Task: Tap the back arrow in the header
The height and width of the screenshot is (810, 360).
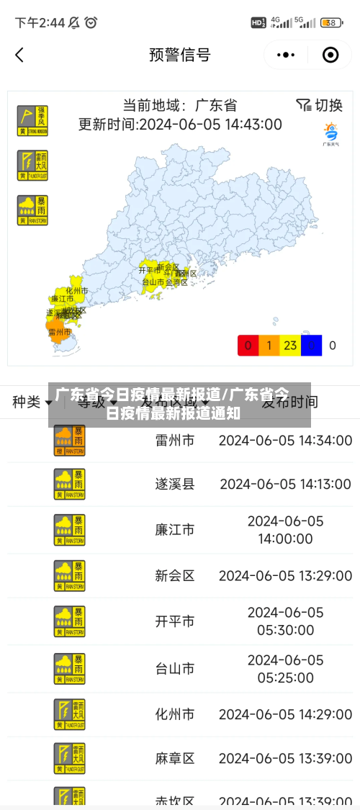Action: pyautogui.click(x=19, y=55)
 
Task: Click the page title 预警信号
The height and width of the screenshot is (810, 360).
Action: pyautogui.click(x=179, y=55)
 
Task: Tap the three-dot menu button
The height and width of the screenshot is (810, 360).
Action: pyautogui.click(x=286, y=55)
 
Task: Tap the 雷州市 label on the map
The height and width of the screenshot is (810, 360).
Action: pyautogui.click(x=59, y=332)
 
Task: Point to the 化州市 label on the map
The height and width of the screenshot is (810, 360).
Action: pyautogui.click(x=76, y=291)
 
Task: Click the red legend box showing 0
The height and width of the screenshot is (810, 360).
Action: pyautogui.click(x=248, y=346)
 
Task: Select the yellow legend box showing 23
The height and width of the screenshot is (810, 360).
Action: pyautogui.click(x=290, y=346)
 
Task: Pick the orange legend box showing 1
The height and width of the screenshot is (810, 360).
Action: pyautogui.click(x=269, y=346)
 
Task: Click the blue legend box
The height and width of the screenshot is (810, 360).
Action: pyautogui.click(x=311, y=346)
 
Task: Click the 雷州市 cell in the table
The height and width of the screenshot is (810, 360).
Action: pyautogui.click(x=174, y=440)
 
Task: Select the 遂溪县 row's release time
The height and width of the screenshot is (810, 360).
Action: pyautogui.click(x=285, y=485)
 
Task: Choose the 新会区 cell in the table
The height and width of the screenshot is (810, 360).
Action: pyautogui.click(x=174, y=576)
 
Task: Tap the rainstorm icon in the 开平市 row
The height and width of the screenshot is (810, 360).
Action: pyautogui.click(x=69, y=621)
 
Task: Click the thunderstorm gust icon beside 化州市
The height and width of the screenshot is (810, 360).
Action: pyautogui.click(x=69, y=714)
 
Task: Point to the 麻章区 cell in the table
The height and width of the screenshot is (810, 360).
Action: pyautogui.click(x=174, y=758)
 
